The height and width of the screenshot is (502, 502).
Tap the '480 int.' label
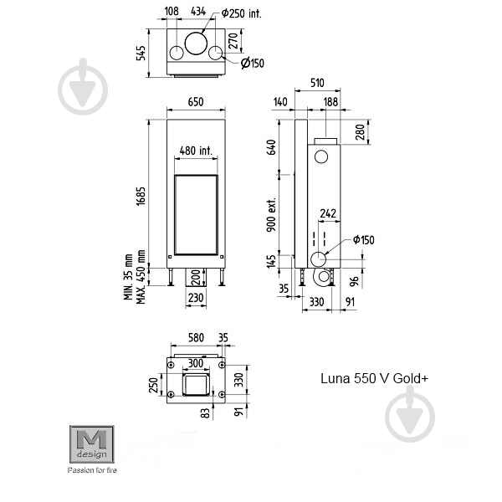pos(196,151)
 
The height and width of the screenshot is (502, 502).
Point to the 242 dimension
pos(328,214)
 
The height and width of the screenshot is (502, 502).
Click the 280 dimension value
pos(360,133)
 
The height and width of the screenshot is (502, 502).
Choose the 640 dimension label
pos(271,147)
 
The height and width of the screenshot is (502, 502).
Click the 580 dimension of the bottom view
pos(194,337)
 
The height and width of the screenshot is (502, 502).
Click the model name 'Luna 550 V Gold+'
pos(374,377)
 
